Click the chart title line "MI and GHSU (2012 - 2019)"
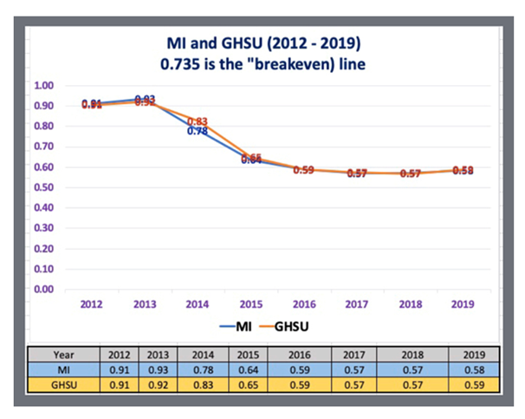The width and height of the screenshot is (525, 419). coord(262,42)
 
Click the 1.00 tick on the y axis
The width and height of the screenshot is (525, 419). coord(43,86)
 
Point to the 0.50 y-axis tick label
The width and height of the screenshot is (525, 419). coord(43,187)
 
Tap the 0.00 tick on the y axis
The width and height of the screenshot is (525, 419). coord(43,289)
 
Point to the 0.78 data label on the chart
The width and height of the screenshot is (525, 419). coord(197,132)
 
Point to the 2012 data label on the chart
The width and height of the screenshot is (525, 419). coord(92,104)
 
